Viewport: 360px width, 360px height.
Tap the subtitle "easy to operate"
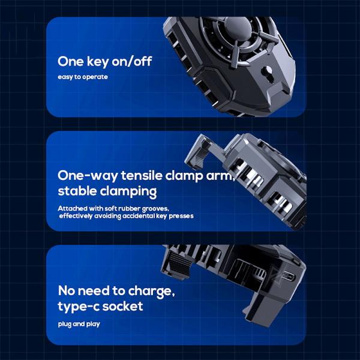point(83,77)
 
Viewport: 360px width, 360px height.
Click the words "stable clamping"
point(107,191)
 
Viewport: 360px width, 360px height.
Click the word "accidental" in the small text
point(139,216)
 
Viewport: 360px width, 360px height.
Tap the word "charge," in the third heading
point(152,292)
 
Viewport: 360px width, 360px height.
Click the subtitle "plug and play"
point(79,324)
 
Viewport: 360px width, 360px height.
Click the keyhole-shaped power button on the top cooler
point(268,73)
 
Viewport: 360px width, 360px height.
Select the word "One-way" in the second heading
point(88,176)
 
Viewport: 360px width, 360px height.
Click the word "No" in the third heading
point(67,291)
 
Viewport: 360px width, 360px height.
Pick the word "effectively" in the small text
point(76,216)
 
